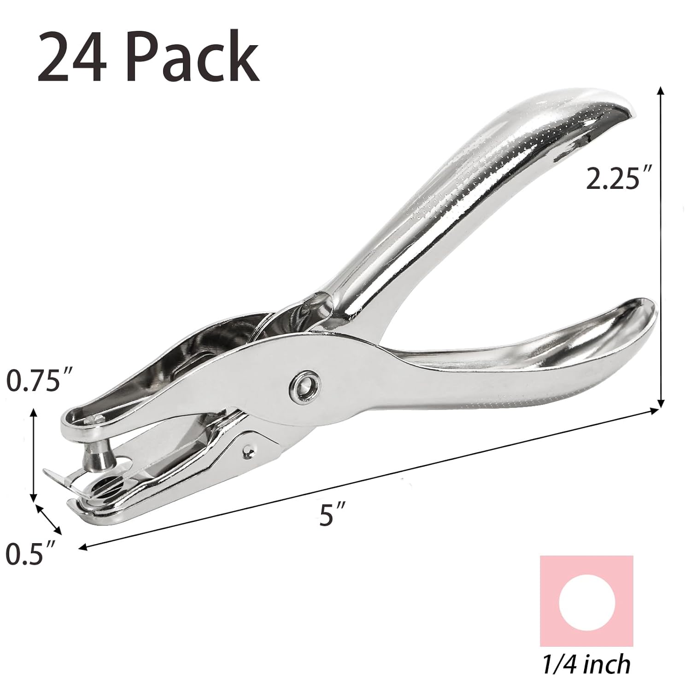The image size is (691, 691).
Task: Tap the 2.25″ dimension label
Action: tap(612, 178)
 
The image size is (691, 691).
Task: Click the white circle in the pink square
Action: tap(586, 602)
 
